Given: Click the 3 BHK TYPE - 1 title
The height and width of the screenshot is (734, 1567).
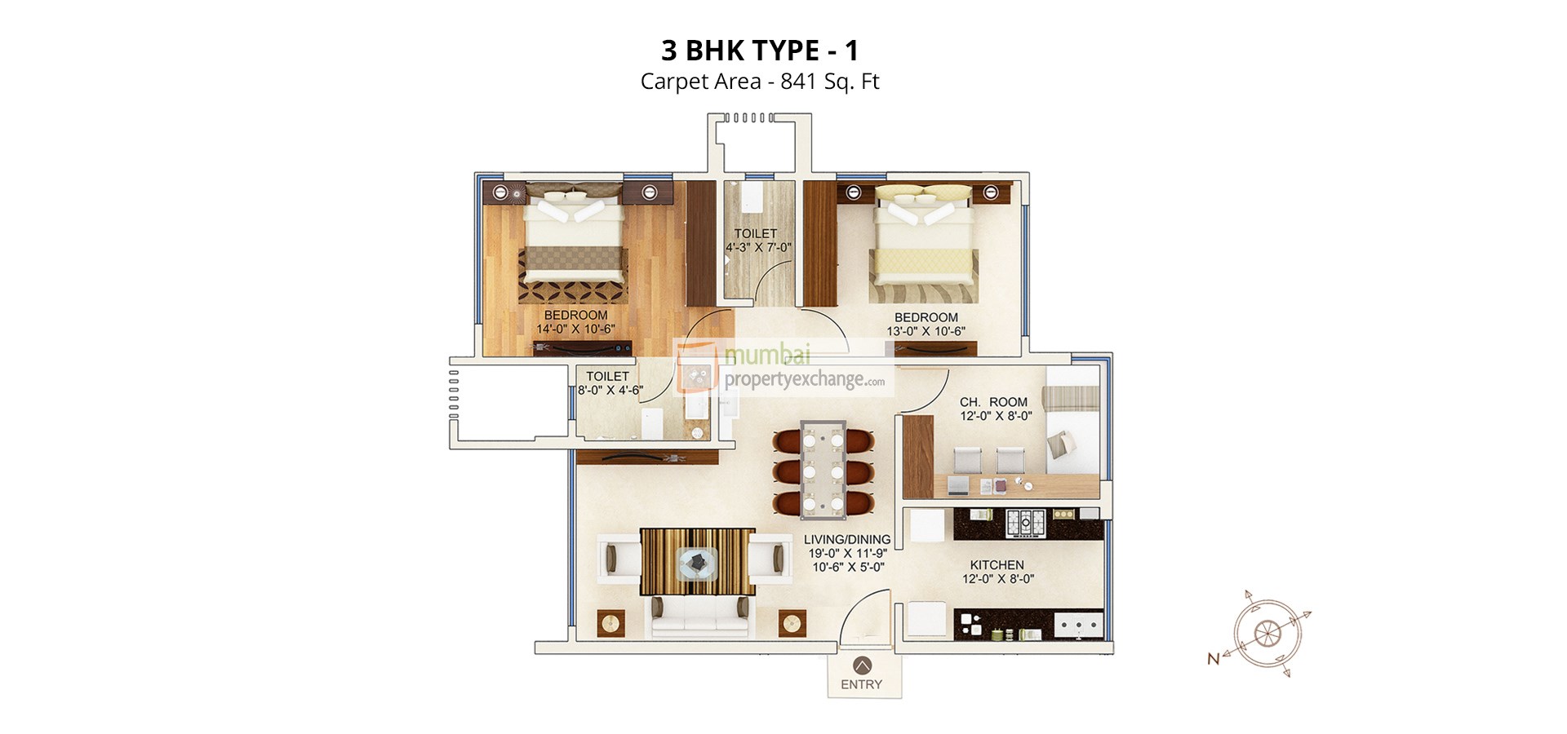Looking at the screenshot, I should (759, 51).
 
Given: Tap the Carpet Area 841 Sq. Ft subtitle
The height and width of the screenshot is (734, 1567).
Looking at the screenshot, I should (759, 82).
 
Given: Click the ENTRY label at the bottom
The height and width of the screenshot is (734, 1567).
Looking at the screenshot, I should (861, 684).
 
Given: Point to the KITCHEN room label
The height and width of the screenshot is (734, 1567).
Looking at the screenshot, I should (997, 564).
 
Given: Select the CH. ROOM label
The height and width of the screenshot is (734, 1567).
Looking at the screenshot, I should (993, 402).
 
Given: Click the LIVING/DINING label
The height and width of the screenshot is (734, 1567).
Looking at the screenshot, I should (846, 539).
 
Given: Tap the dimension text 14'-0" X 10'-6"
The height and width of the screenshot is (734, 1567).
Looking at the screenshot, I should (575, 329).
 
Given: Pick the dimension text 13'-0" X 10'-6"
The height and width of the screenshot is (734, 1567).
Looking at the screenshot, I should (926, 331).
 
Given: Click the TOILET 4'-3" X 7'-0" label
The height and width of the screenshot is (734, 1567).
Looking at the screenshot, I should (757, 241).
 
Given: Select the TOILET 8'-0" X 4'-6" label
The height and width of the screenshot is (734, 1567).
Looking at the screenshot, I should (609, 383).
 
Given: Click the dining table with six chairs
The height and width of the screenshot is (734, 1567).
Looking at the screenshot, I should (823, 469).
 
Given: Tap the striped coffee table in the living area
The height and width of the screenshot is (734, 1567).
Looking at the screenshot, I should (697, 562).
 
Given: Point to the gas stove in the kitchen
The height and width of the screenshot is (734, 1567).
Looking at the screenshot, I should (1025, 522).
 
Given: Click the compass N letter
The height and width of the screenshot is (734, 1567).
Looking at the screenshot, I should (1213, 658).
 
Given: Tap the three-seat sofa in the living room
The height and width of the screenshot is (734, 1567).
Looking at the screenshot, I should (699, 617).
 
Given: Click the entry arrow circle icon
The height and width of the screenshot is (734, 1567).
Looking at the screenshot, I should (861, 665).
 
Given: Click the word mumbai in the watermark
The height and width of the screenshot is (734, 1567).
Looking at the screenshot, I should (767, 355).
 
